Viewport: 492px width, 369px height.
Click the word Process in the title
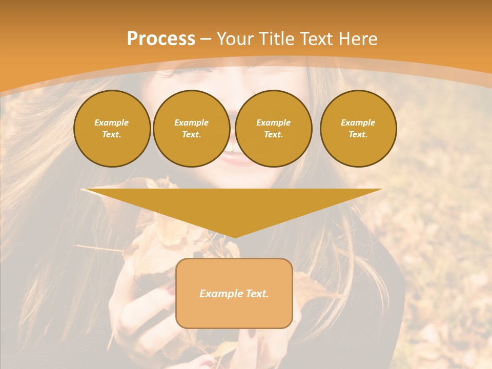(x=161, y=39)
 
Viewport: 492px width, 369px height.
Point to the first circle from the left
(x=112, y=129)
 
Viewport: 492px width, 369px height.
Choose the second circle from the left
(x=192, y=129)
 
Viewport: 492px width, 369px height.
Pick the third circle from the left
(x=274, y=129)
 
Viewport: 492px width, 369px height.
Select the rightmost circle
(x=358, y=129)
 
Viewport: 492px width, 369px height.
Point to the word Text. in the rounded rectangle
(x=257, y=294)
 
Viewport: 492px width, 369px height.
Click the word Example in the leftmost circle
(x=112, y=122)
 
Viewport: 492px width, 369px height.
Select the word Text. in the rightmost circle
(x=358, y=135)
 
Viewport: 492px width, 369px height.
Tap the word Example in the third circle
(x=274, y=122)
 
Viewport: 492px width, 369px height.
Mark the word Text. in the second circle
(x=192, y=135)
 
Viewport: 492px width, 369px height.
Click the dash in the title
(x=206, y=39)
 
